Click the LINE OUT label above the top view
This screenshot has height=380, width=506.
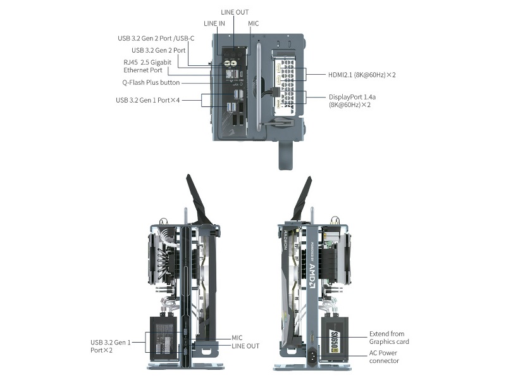(235, 12)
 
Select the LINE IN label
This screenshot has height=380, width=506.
(214, 23)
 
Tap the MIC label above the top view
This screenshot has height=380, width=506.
(254, 23)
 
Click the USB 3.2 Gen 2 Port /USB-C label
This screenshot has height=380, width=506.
(156, 38)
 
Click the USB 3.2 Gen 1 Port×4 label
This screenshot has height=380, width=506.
(148, 100)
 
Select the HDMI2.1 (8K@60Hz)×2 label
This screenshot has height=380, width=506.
(362, 75)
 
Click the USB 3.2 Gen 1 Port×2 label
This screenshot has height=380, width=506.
(111, 346)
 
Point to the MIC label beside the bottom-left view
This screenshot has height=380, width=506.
(237, 338)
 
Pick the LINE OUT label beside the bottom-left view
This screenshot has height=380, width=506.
(245, 346)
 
